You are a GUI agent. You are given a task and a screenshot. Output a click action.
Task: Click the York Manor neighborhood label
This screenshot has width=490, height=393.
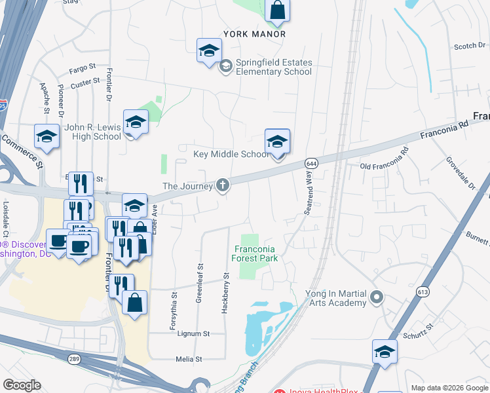(x=254, y=33)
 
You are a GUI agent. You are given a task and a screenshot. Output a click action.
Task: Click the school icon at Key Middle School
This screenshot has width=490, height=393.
(x=277, y=141)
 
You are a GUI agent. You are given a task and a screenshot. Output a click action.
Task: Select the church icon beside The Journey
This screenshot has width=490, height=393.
(x=223, y=185)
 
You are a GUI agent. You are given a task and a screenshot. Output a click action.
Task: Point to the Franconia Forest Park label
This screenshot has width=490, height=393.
(x=255, y=253)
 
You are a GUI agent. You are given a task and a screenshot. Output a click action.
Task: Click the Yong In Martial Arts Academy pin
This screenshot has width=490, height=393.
(x=377, y=298)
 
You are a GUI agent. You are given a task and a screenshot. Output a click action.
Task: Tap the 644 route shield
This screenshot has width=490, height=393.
(x=311, y=162)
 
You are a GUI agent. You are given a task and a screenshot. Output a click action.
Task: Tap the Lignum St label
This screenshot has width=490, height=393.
(x=193, y=333)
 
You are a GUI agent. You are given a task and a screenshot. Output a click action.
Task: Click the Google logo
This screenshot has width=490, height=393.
(x=22, y=385)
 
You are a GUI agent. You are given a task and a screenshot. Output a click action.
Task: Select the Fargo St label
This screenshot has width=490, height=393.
(x=83, y=67)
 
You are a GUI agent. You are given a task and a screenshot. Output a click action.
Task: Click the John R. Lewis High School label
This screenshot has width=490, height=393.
(x=93, y=132)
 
